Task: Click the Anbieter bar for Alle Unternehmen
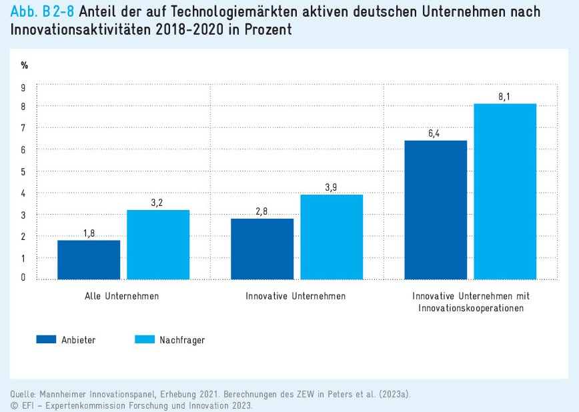89,259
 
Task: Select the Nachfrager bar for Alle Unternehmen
158,245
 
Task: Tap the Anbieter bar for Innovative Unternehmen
262,249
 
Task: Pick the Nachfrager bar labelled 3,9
332,237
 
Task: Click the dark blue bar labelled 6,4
436,209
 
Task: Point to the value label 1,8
89,233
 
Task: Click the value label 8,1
505,97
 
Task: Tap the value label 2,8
262,212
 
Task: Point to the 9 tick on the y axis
23,87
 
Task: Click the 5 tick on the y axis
23,171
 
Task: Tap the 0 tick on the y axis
23,277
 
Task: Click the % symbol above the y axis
24,65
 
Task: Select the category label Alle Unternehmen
122,295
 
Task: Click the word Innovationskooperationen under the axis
471,308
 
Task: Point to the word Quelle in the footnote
24,394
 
